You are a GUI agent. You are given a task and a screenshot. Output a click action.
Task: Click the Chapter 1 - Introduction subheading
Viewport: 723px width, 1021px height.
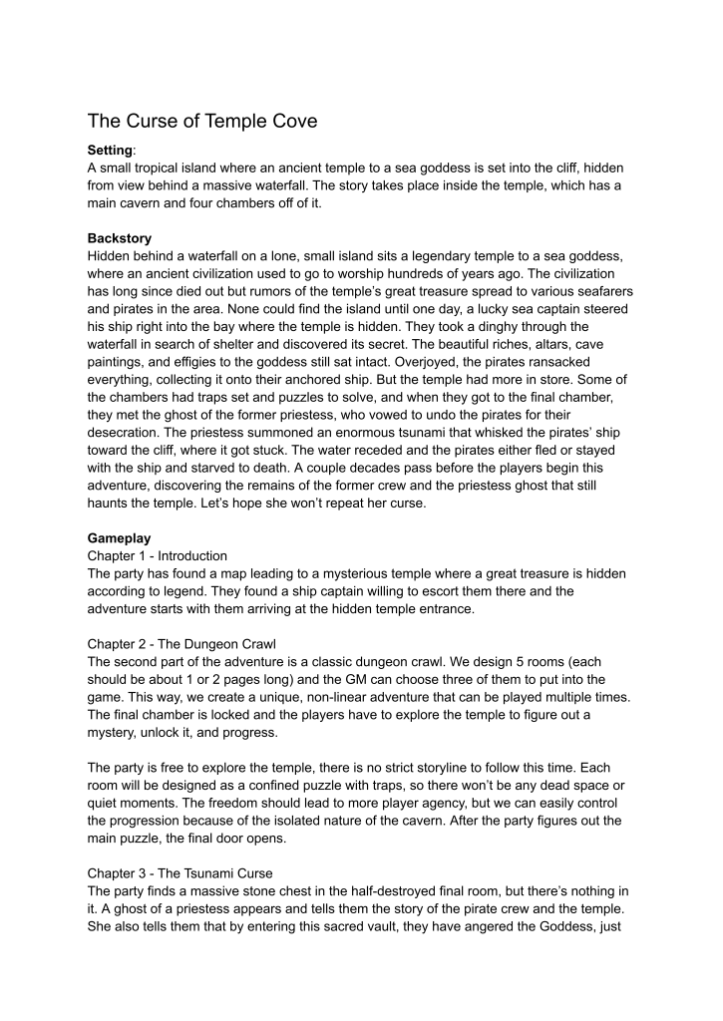click(x=157, y=555)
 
